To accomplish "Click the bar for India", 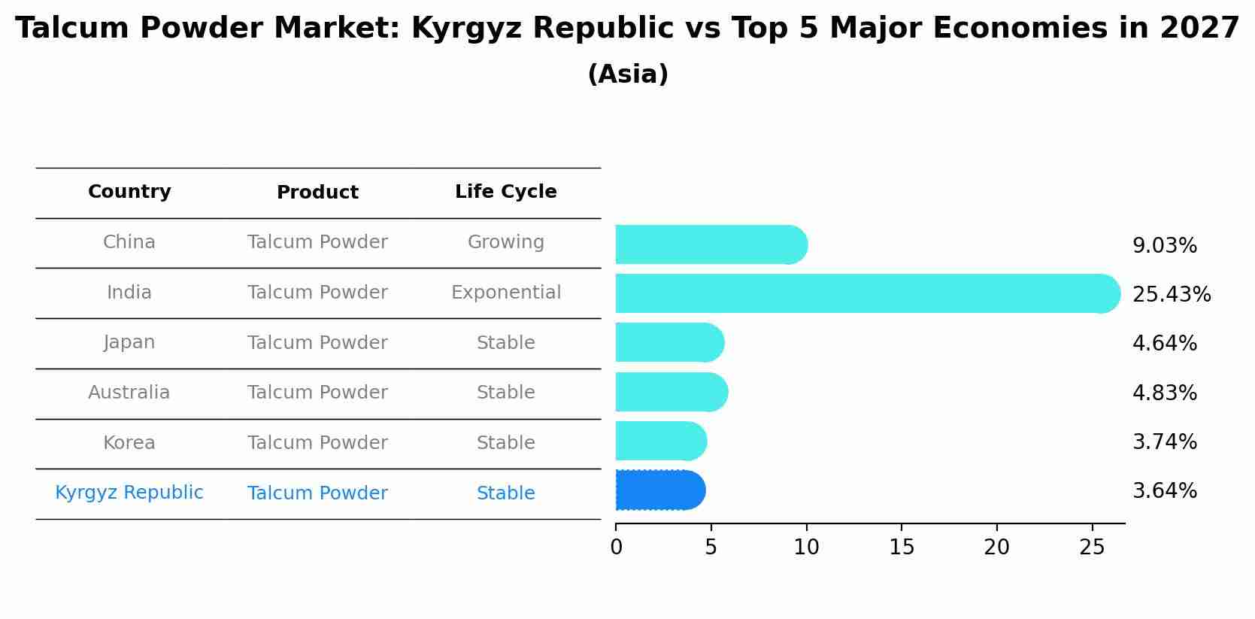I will (865, 293).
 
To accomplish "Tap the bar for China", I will (711, 244).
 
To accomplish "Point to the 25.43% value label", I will (1171, 294).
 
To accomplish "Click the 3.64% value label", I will (1164, 491).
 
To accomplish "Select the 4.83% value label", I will (1164, 393).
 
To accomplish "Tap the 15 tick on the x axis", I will (902, 547).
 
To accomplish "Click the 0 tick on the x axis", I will (617, 547).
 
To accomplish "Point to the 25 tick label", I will (1092, 547).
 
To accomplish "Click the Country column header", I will (129, 192).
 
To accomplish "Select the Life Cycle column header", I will (505, 192).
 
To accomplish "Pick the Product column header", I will (317, 193).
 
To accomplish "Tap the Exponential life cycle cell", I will (505, 293).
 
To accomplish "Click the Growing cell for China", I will (505, 242).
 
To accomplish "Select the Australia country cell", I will (129, 393).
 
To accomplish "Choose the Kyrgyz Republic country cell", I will (129, 493).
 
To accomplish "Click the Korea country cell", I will (129, 443).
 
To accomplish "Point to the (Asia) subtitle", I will (627, 74).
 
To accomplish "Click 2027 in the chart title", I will (1199, 29).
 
